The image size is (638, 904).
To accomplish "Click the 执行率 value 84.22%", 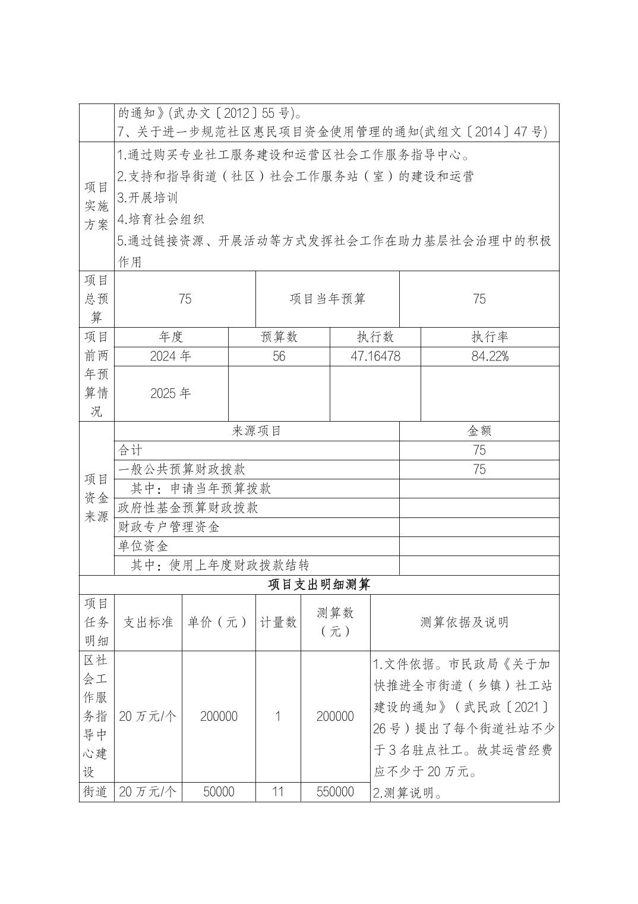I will (489, 356).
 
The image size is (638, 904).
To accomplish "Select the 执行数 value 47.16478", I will (375, 356).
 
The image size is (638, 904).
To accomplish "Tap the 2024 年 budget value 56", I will (279, 356).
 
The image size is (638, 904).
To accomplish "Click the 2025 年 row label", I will (170, 393).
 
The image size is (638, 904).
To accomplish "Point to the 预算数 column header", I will (279, 337).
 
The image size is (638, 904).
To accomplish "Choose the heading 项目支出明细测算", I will (319, 585).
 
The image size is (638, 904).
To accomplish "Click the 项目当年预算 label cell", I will (327, 299).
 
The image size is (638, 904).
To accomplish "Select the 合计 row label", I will (131, 450).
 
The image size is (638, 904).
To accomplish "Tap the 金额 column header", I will (479, 431).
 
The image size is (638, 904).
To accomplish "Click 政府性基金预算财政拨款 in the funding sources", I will (188, 507).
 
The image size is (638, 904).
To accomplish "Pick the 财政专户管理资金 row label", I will (169, 527).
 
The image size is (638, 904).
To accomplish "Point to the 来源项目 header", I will (256, 431).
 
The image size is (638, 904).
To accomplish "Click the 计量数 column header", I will (278, 622).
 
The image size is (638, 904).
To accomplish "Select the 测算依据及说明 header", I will (464, 622).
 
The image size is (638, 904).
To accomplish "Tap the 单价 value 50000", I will (219, 792).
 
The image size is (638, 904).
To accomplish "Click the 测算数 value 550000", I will (335, 792).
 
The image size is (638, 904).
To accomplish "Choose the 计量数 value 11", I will (277, 792).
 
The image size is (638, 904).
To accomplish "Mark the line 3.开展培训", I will (148, 197).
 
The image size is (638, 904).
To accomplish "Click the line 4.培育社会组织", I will (161, 219).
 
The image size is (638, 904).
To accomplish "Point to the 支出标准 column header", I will (148, 622).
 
